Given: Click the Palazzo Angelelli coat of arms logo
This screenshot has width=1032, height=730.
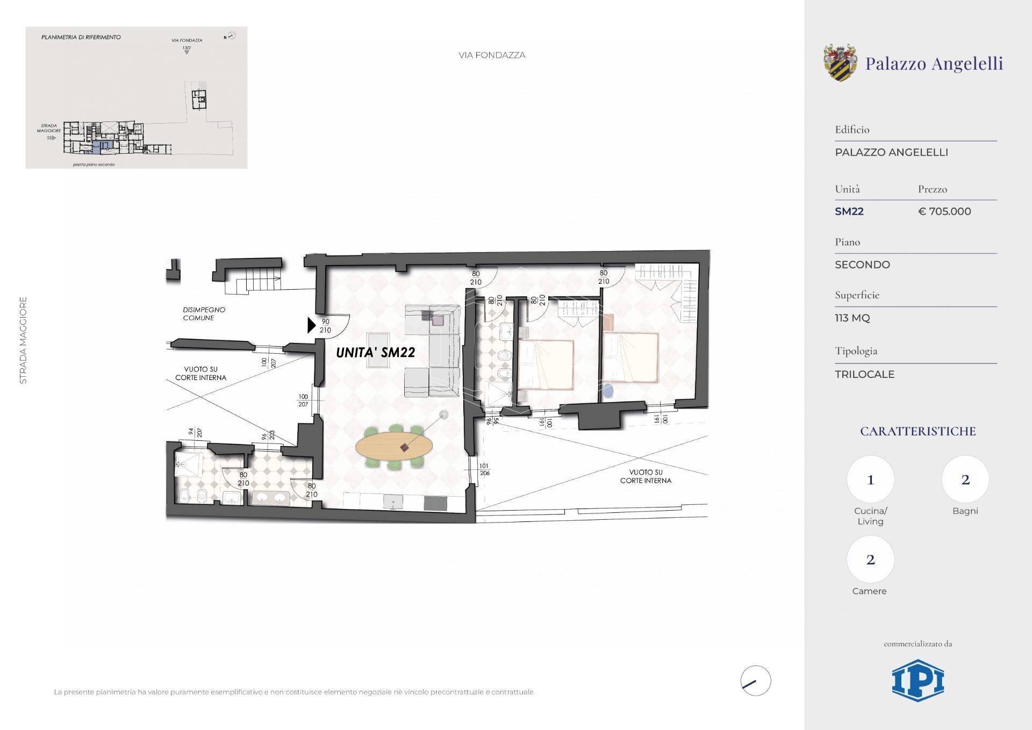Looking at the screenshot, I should [840, 63].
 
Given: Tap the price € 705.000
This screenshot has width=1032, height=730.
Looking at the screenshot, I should [944, 211].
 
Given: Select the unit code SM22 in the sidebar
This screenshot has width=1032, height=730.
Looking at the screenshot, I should [849, 211].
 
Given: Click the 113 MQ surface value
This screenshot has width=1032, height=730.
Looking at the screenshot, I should [852, 318].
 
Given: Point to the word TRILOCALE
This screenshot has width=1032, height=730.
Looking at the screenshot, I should [864, 374].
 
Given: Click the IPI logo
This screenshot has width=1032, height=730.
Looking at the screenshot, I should [918, 681].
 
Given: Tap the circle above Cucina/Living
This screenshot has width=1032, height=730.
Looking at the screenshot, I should [870, 479].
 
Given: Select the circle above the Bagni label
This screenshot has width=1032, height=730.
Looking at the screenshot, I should [965, 479].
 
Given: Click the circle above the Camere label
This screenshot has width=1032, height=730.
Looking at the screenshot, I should [870, 560].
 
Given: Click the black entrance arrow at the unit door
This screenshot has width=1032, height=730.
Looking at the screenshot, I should [311, 325].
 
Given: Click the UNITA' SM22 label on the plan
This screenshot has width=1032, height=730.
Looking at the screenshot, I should [375, 353].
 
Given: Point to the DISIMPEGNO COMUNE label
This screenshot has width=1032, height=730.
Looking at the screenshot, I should [204, 313].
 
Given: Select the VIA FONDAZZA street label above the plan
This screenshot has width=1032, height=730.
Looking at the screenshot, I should [492, 55].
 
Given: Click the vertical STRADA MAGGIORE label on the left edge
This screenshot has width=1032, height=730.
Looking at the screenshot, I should [23, 340].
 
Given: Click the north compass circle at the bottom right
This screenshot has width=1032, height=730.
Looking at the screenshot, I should [755, 681].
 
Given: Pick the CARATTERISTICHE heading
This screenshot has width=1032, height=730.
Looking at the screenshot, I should [918, 431].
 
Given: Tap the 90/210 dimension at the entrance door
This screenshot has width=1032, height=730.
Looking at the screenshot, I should [325, 326].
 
